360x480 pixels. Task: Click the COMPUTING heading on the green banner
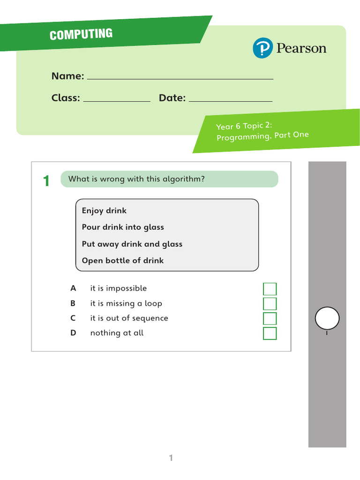pyautogui.click(x=81, y=34)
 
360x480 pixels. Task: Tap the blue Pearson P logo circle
pyautogui.click(x=262, y=48)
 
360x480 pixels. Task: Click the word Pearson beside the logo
pyautogui.click(x=301, y=48)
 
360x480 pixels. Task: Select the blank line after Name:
pyautogui.click(x=180, y=79)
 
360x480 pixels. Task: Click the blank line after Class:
pyautogui.click(x=117, y=101)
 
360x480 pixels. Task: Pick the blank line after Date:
pyautogui.click(x=231, y=101)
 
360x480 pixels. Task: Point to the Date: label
pyautogui.click(x=172, y=97)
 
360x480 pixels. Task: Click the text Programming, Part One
pyautogui.click(x=262, y=136)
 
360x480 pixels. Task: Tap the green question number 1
pyautogui.click(x=46, y=180)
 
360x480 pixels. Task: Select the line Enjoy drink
pyautogui.click(x=104, y=210)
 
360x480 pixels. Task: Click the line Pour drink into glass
pyautogui.click(x=123, y=227)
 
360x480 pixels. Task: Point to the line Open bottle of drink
pyautogui.click(x=122, y=261)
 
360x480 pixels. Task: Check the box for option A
pyautogui.click(x=270, y=289)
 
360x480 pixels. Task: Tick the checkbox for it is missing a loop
pyautogui.click(x=270, y=304)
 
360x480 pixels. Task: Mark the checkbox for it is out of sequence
pyautogui.click(x=270, y=318)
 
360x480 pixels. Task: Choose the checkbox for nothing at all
pyautogui.click(x=270, y=333)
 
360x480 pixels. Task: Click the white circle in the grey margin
pyautogui.click(x=327, y=318)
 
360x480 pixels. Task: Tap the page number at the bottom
pyautogui.click(x=171, y=458)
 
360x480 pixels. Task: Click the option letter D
pyautogui.click(x=73, y=333)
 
